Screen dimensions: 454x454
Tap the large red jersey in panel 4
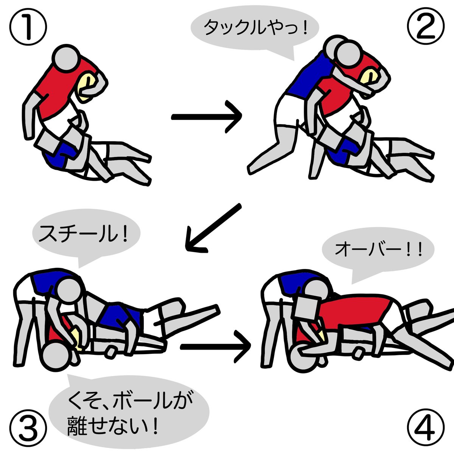click(356, 310)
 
